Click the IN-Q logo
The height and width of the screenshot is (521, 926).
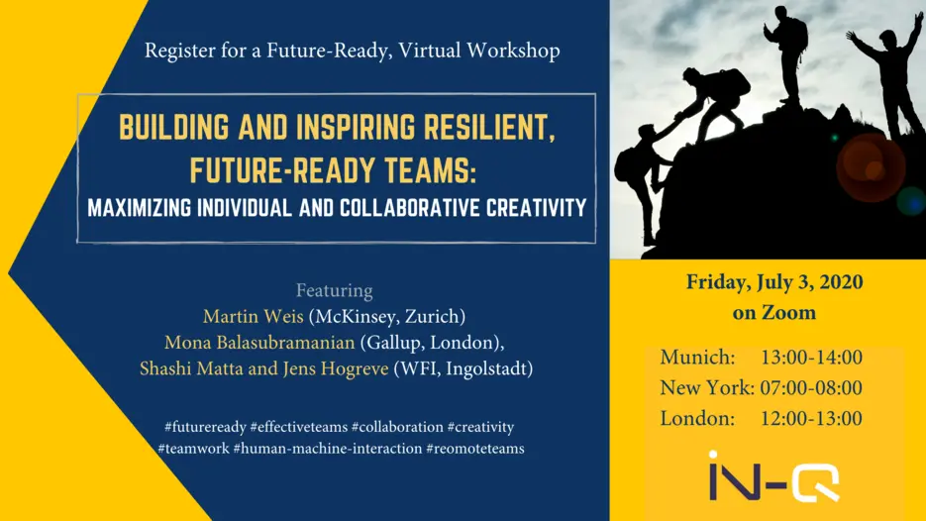774,476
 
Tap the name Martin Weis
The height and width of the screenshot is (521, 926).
254,317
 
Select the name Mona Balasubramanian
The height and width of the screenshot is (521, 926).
259,343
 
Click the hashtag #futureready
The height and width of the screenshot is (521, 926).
205,427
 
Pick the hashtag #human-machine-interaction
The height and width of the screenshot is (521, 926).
328,449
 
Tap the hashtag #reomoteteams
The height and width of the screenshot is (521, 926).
475,449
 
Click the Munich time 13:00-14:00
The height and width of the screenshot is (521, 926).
811,358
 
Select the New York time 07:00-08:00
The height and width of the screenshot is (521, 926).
811,388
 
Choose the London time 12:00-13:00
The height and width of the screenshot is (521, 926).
811,419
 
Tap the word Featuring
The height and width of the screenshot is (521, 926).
335,290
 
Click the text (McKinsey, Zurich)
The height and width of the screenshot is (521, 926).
387,317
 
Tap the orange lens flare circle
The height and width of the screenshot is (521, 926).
871,167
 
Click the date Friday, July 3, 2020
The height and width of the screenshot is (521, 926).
774,282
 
